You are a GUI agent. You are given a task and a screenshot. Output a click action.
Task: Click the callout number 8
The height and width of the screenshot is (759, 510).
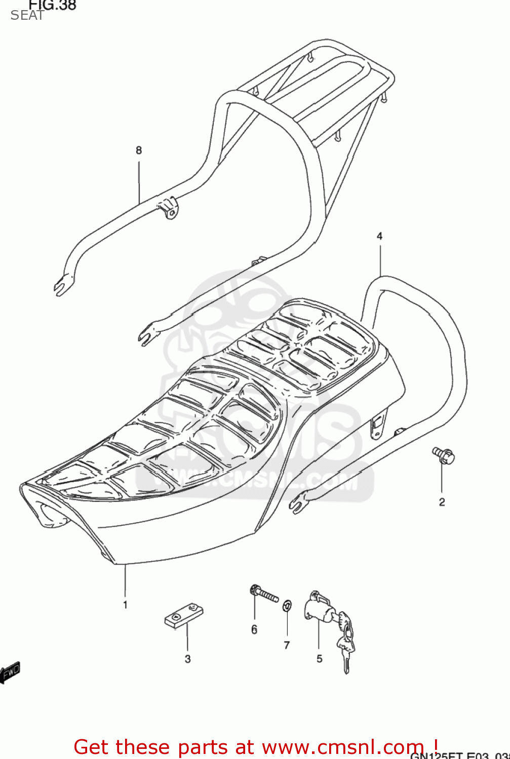139,150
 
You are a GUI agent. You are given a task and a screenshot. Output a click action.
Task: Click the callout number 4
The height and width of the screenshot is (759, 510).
379,236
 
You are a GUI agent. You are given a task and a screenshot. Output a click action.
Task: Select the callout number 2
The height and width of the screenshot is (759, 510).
442,502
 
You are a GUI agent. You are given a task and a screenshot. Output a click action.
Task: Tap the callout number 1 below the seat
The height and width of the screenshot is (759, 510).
125,605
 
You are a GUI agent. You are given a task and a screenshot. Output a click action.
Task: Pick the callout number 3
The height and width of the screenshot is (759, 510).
187,659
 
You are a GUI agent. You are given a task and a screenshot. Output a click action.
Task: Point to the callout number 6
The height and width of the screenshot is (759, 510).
254,629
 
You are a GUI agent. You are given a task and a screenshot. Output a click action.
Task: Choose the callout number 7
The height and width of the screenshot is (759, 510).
287,645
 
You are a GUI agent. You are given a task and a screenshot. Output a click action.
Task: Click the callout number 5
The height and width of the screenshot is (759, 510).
319,659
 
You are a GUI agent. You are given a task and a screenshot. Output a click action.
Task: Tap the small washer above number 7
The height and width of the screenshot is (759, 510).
287,605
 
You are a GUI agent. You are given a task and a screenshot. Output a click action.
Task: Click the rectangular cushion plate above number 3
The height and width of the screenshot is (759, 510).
183,615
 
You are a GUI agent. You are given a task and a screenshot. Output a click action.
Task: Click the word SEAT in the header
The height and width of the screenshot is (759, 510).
27,16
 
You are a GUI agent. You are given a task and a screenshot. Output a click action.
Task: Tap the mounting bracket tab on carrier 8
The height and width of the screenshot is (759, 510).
168,207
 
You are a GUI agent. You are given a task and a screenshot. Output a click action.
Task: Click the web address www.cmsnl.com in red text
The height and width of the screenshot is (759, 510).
342,747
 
